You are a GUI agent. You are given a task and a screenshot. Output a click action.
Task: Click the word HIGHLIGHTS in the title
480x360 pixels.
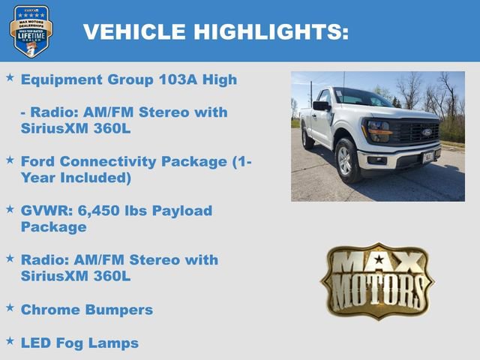point(271,31)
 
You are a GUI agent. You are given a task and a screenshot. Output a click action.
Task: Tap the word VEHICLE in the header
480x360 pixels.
point(133,31)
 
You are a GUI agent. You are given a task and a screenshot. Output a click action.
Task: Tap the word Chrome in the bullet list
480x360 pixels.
point(51,310)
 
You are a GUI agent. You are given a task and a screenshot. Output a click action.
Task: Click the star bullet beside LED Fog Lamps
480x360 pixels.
point(10,340)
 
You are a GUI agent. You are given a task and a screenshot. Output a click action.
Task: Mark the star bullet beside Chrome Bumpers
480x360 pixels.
point(10,307)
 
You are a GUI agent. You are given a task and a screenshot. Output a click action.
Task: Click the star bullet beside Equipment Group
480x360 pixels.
point(10,76)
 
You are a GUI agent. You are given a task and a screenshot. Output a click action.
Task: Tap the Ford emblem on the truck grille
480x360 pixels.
point(426,132)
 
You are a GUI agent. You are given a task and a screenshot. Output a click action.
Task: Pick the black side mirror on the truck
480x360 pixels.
point(320,106)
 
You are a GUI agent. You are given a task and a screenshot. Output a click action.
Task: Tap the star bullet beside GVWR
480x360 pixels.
point(10,208)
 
